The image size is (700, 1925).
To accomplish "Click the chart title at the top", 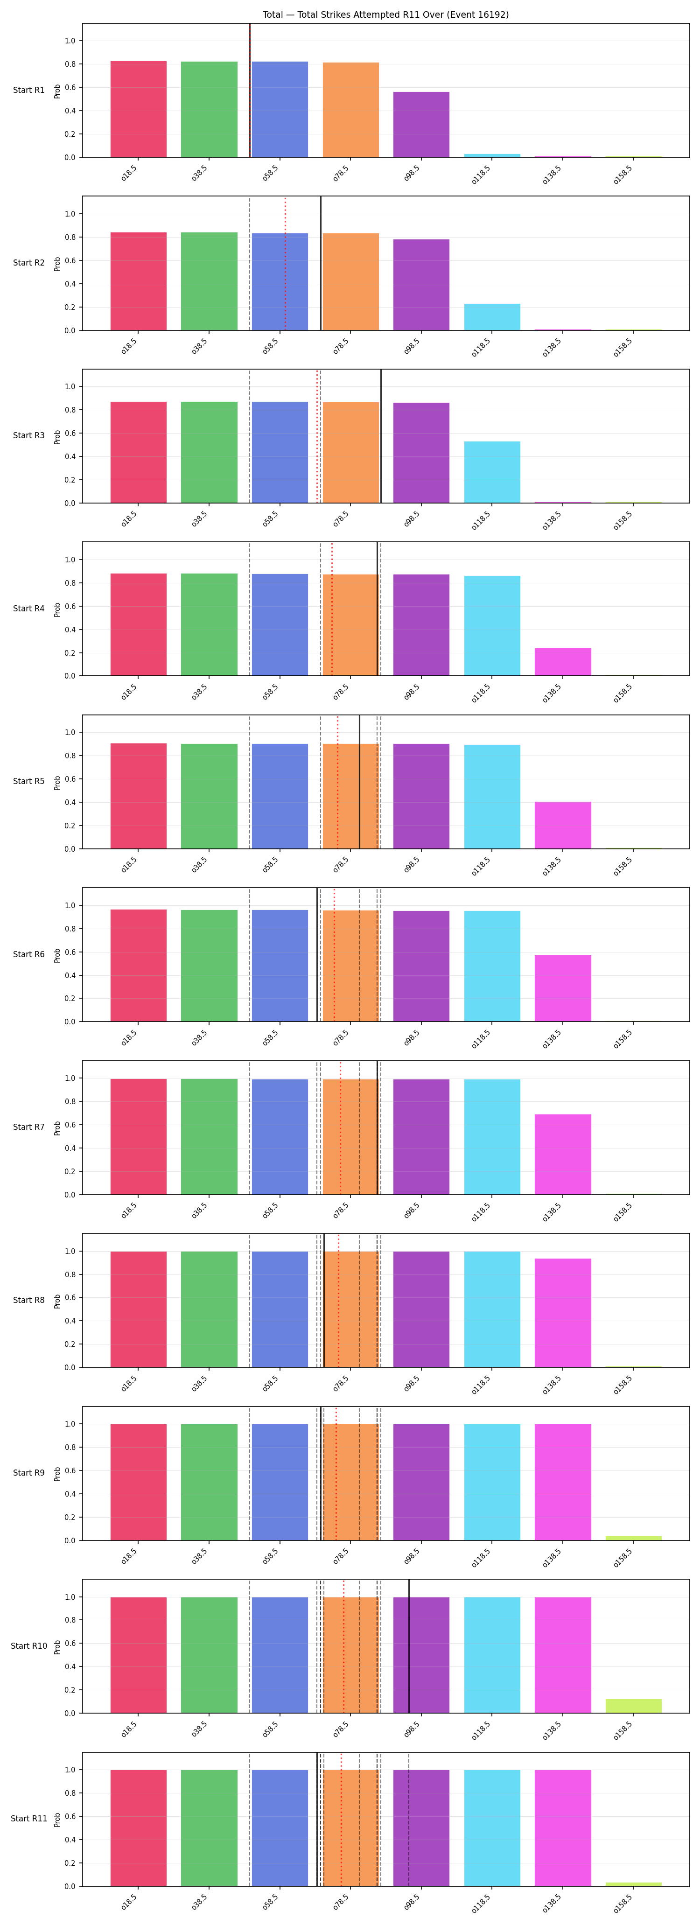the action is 385,14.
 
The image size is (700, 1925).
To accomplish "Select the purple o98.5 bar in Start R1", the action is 421,125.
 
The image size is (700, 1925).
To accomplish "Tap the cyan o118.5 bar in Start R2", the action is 492,317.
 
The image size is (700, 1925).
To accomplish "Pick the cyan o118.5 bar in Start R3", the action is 492,472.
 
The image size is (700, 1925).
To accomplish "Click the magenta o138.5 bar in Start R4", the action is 562,662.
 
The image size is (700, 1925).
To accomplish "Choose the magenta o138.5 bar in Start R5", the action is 562,825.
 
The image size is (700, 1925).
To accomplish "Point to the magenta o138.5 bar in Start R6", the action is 562,988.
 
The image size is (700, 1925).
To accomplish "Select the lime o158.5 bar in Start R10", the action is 634,1706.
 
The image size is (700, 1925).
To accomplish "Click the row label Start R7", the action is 28,1127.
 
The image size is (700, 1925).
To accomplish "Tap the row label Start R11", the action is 29,1818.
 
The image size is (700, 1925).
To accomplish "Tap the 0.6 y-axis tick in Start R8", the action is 70,1298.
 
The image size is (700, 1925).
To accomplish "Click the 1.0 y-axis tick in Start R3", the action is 70,386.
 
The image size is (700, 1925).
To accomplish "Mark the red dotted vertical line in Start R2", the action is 286,263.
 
